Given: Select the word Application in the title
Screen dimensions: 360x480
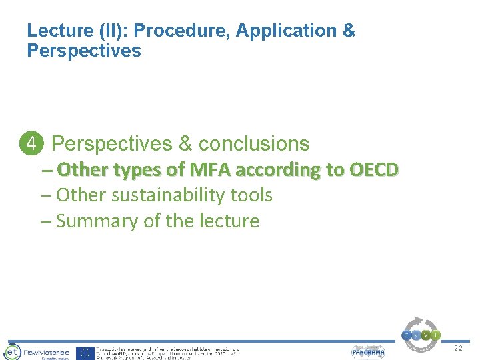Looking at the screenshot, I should click(286, 31).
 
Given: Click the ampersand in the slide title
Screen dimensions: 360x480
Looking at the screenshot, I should click(349, 31).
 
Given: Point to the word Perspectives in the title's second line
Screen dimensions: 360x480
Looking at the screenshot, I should click(84, 51).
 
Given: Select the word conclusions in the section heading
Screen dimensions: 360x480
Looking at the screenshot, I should click(254, 143).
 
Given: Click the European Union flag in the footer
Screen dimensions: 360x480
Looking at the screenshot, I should click(85, 353).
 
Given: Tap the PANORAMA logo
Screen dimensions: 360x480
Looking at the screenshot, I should click(368, 352).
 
